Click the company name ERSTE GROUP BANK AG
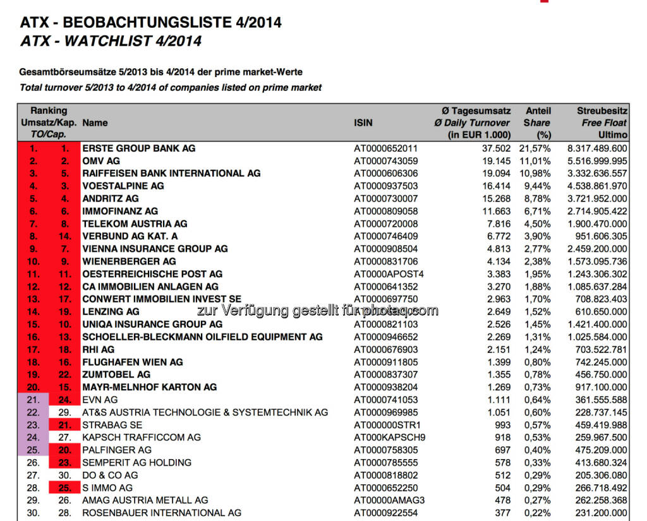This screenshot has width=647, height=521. tap(139, 148)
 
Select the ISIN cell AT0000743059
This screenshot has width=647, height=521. tap(385, 161)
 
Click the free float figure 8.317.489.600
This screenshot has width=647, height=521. tap(598, 148)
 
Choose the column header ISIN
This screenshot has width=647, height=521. tap(363, 123)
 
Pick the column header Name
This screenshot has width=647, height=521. tap(95, 123)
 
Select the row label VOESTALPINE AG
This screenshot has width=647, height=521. tap(123, 186)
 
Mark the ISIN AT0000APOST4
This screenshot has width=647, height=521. tap(389, 274)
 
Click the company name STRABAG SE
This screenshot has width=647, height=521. tap(112, 425)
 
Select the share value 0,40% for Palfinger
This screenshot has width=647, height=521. tap(537, 450)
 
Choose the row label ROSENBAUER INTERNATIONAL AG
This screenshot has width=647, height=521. tap(162, 512)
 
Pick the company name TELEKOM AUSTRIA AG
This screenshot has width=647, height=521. tap(135, 224)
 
